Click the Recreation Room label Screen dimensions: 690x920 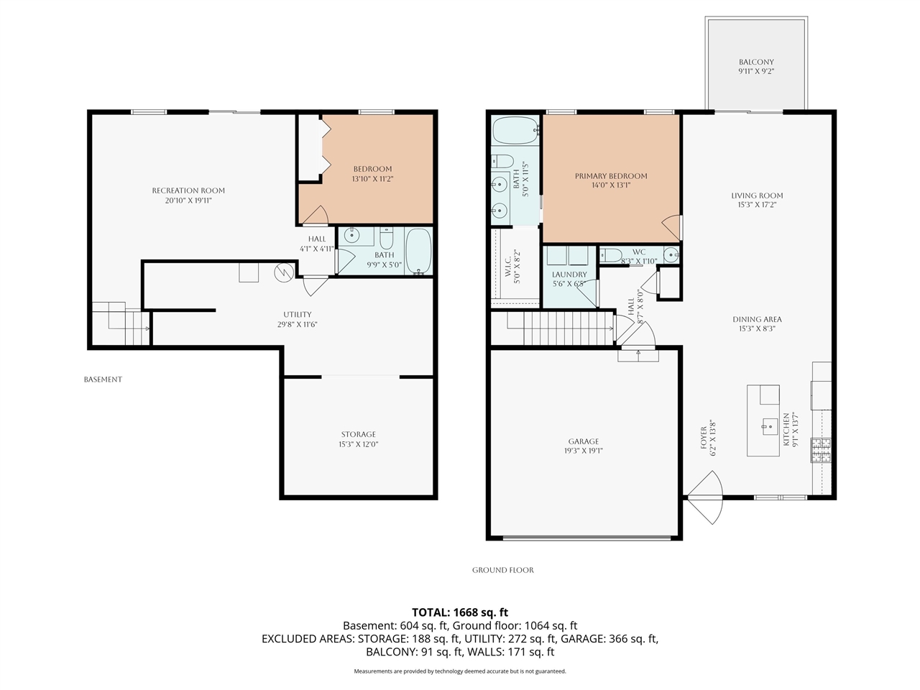(188, 190)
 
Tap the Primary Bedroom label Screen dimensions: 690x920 (611, 176)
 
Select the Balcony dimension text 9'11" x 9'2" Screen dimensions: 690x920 (756, 72)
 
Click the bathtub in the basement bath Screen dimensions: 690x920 (418, 251)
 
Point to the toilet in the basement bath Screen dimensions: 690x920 (387, 238)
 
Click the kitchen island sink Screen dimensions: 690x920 (767, 425)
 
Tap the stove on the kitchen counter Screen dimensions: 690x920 (821, 449)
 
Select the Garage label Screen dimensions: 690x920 (583, 442)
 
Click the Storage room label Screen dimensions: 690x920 (359, 435)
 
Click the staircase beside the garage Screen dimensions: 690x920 (561, 329)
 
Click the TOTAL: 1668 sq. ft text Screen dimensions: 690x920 (460, 612)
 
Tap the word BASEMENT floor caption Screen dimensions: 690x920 (103, 379)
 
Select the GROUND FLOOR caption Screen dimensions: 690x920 (503, 570)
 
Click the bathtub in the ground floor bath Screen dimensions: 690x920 (515, 132)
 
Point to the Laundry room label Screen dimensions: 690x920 (569, 275)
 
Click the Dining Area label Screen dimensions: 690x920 (757, 320)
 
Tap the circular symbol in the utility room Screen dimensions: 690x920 (285, 272)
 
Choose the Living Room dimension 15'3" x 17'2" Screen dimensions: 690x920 (757, 205)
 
